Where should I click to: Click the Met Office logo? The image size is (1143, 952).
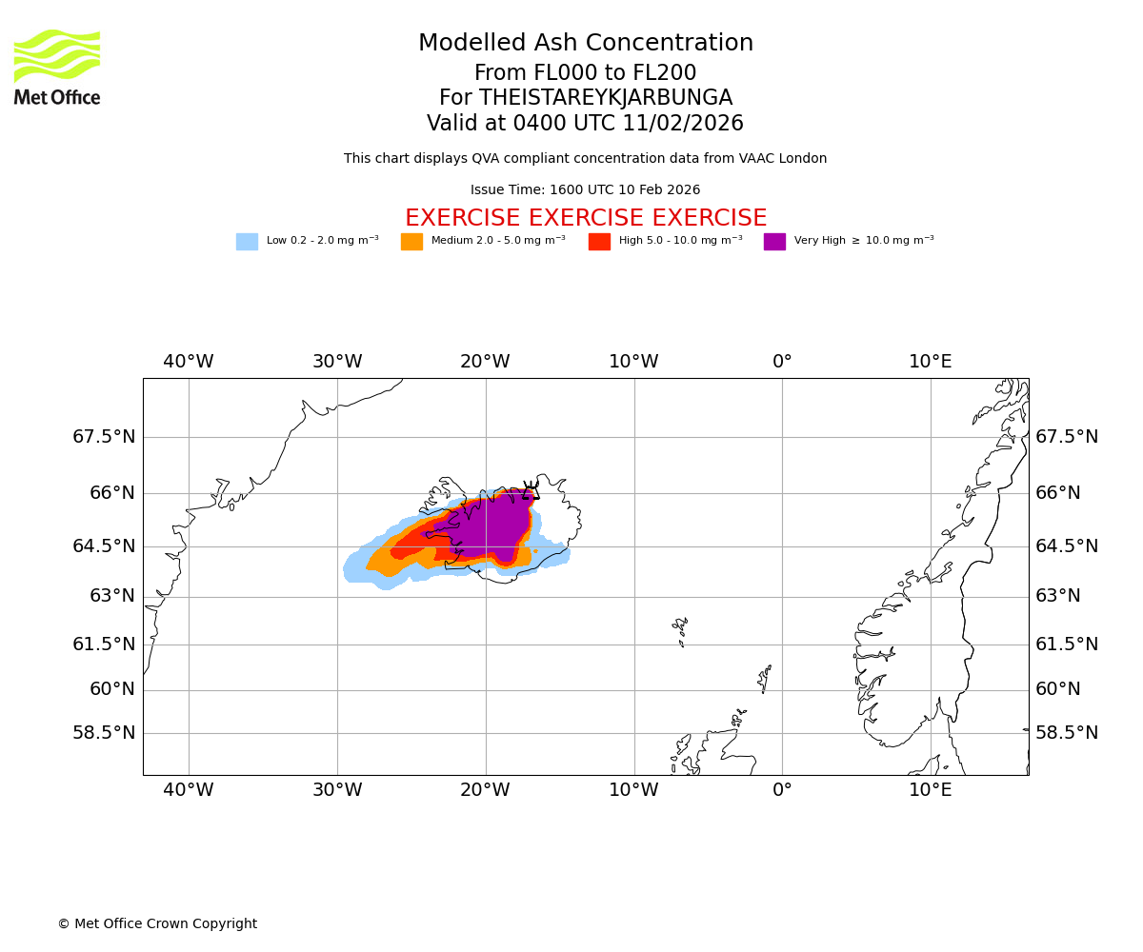click(x=57, y=67)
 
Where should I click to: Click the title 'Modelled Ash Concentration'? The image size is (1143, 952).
click(x=586, y=44)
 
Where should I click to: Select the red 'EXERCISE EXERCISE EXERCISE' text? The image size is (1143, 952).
click(x=586, y=219)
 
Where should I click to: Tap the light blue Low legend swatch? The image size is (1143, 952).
click(x=247, y=242)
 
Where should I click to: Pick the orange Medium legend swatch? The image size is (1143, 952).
click(x=411, y=242)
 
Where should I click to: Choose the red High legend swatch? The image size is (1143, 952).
click(x=599, y=242)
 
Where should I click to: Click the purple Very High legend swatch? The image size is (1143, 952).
click(x=774, y=242)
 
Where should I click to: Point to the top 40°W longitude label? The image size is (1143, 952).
click(x=189, y=362)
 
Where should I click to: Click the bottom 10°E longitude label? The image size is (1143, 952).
click(x=931, y=790)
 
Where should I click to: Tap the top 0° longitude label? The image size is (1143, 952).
click(x=782, y=362)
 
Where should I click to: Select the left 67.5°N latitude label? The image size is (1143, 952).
click(x=104, y=437)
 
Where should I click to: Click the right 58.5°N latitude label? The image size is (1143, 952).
click(x=1067, y=733)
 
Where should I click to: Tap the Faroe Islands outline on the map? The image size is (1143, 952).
click(x=680, y=627)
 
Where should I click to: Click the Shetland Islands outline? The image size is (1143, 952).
click(x=764, y=678)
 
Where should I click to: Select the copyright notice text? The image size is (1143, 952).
click(x=157, y=924)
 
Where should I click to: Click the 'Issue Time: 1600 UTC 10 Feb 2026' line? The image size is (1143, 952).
click(x=586, y=190)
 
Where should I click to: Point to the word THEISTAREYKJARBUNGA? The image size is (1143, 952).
click(x=606, y=98)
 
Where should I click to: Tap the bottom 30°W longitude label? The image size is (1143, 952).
click(x=337, y=790)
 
